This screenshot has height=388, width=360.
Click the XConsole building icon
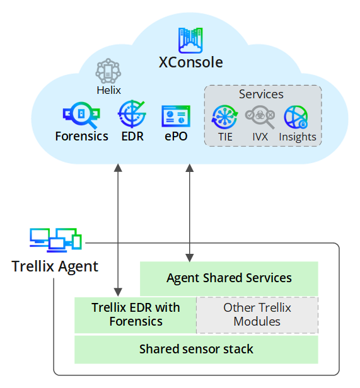(x=190, y=40)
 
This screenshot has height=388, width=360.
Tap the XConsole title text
(x=190, y=62)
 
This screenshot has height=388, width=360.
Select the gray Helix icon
(x=108, y=71)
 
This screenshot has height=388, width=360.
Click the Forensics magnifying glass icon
(x=81, y=115)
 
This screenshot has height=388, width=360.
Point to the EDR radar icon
(x=132, y=114)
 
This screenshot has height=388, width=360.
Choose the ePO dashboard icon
(x=176, y=116)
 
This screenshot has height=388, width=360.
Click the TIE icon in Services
(x=224, y=117)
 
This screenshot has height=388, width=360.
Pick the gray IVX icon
(x=260, y=117)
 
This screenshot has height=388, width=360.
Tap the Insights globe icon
(x=296, y=117)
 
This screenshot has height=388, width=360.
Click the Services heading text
(x=261, y=94)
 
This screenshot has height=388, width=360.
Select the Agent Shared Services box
(x=229, y=278)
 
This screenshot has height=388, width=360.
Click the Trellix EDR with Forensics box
(x=136, y=315)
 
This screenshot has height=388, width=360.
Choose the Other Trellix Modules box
(x=257, y=315)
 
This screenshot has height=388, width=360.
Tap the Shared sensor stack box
(x=196, y=350)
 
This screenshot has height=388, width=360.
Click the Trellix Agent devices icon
(x=55, y=240)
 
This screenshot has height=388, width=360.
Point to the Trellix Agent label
(x=55, y=266)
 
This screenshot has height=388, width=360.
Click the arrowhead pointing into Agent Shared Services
(x=190, y=258)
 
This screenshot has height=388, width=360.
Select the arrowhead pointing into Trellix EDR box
(x=118, y=292)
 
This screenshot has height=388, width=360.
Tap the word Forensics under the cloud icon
(x=82, y=136)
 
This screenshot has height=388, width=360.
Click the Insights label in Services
(x=298, y=137)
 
